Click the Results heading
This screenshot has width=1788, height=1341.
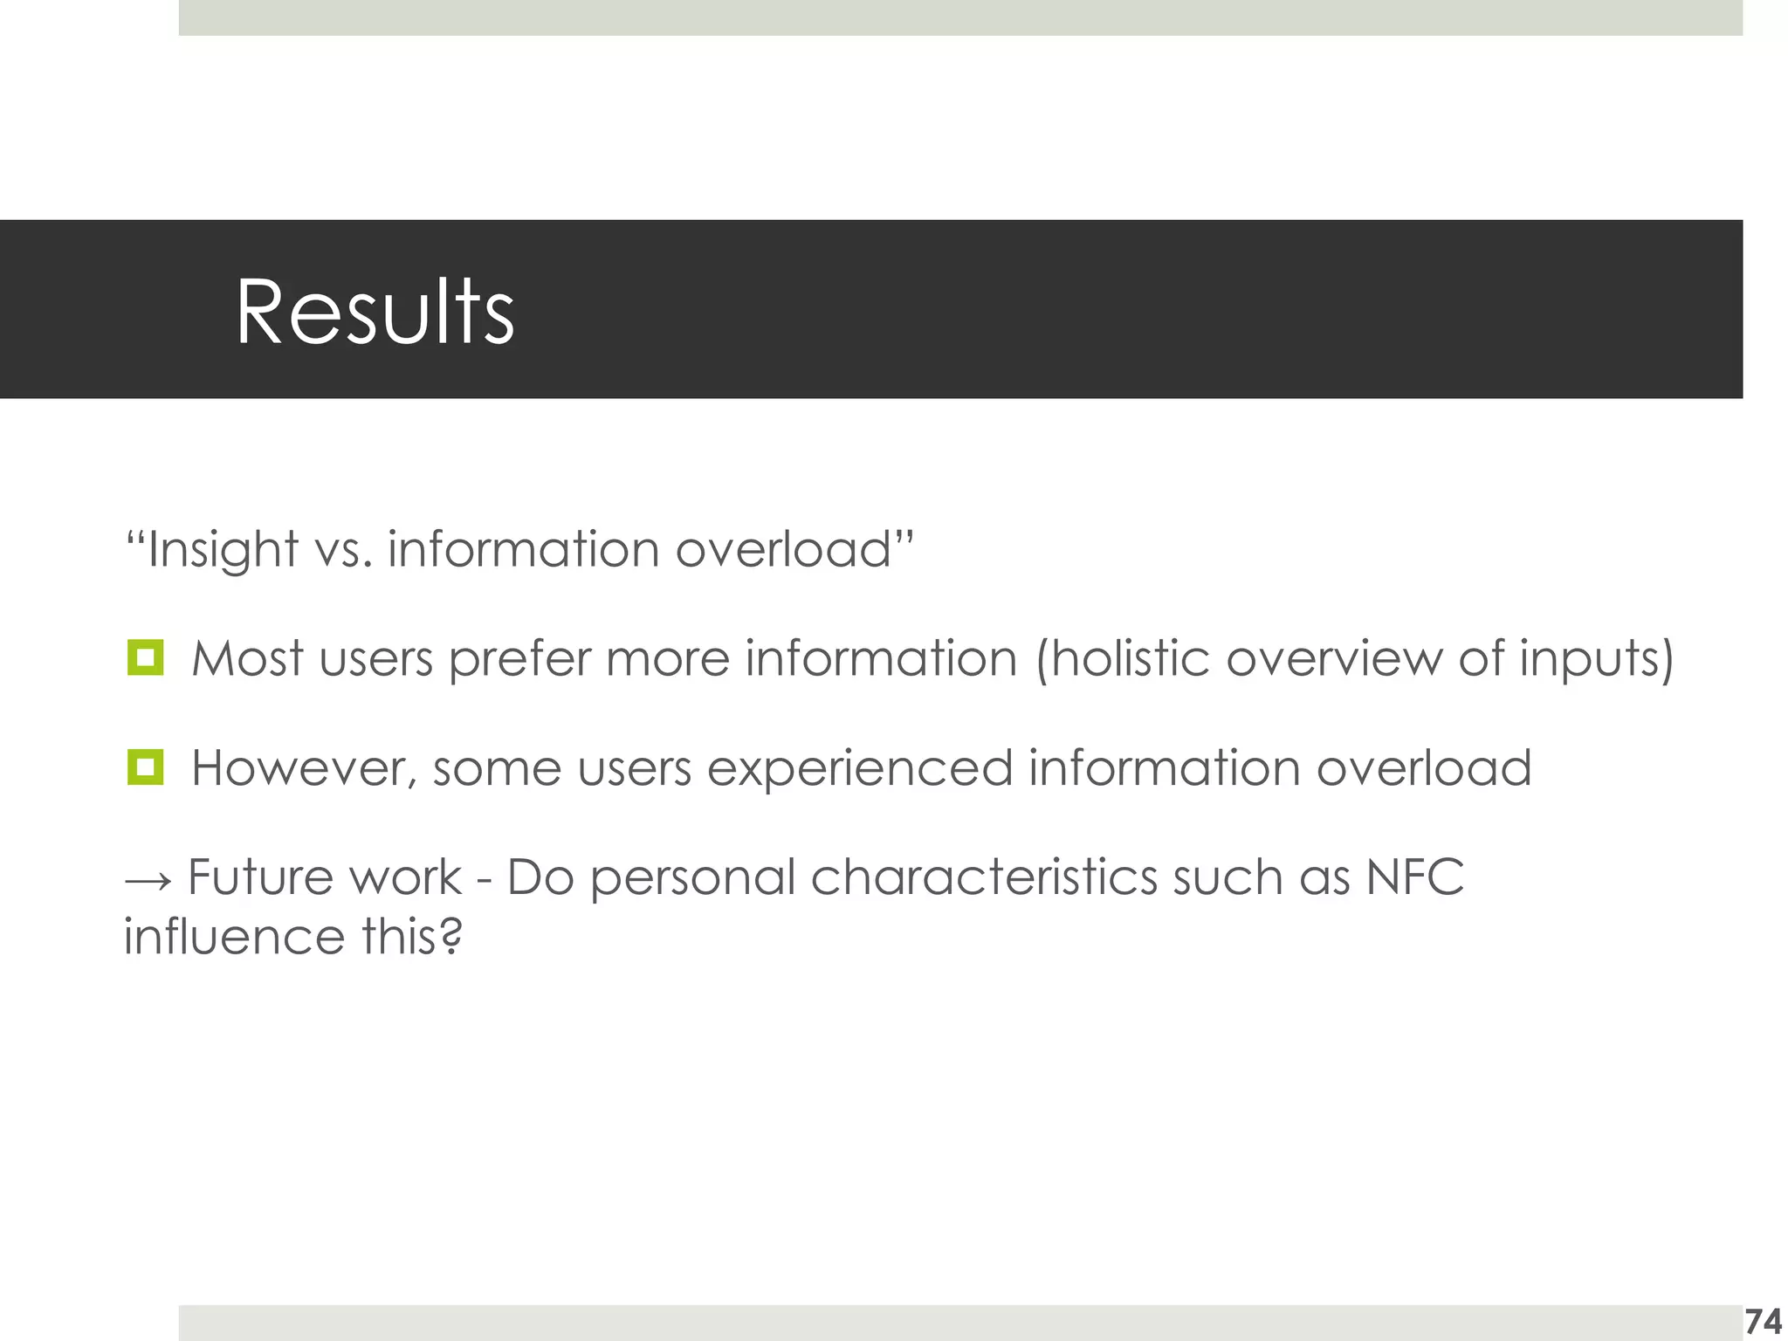375,312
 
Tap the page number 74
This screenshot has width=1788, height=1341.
1763,1322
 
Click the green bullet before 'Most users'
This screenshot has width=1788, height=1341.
145,657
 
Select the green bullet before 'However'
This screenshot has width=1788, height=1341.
145,767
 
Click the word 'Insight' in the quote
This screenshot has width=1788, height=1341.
222,550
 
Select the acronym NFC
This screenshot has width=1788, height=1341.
1414,877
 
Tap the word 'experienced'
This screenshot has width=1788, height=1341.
859,768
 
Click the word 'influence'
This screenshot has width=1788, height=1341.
235,937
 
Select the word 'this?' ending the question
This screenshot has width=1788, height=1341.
411,937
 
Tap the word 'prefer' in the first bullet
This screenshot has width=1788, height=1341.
519,659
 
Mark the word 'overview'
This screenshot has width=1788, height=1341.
1335,657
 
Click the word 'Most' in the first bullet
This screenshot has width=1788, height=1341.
247,657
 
